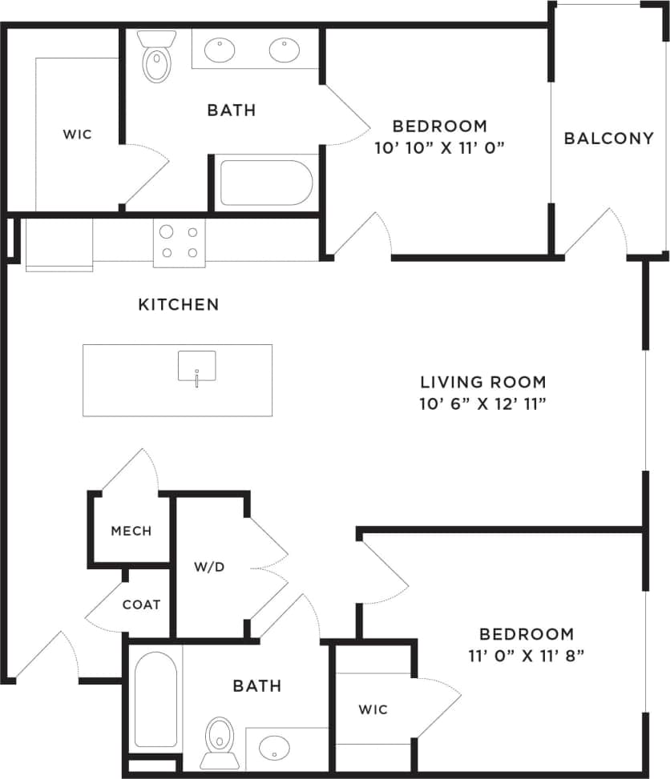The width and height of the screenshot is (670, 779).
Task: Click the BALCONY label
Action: pyautogui.click(x=609, y=138)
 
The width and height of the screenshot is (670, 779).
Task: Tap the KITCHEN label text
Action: pyautogui.click(x=179, y=304)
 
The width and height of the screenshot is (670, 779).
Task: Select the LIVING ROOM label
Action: pyautogui.click(x=484, y=382)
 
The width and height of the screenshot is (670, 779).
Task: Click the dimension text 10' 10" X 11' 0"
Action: pyautogui.click(x=439, y=147)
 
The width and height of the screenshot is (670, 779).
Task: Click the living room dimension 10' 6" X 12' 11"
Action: pyautogui.click(x=484, y=404)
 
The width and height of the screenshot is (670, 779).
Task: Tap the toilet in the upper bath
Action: pyautogui.click(x=156, y=58)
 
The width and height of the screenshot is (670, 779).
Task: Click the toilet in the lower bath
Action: pyautogui.click(x=219, y=738)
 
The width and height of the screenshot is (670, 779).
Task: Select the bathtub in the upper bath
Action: pyautogui.click(x=265, y=183)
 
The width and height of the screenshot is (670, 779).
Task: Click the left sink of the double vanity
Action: pyautogui.click(x=220, y=50)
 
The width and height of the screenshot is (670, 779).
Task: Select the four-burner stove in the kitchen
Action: pyautogui.click(x=179, y=243)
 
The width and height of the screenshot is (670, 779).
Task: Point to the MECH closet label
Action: pyautogui.click(x=131, y=531)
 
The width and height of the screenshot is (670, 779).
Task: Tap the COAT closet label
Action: pyautogui.click(x=141, y=604)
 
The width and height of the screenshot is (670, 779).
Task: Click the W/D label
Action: pyautogui.click(x=209, y=567)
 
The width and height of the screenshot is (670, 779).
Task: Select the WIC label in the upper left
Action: pyautogui.click(x=78, y=134)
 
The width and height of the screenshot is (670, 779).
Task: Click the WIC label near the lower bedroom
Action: pyautogui.click(x=373, y=709)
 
